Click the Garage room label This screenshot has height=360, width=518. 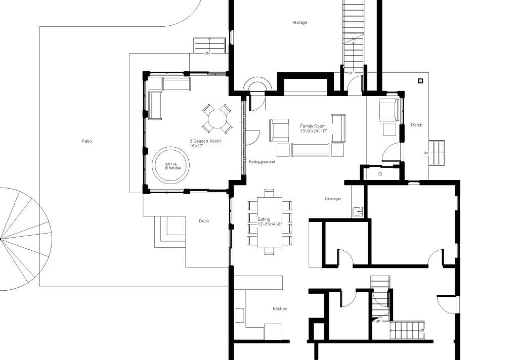pyautogui.click(x=300, y=22)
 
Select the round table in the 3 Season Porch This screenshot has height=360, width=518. pyautogui.click(x=217, y=119)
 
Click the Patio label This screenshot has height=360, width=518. pyautogui.click(x=87, y=141)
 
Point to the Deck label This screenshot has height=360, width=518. pyautogui.click(x=204, y=221)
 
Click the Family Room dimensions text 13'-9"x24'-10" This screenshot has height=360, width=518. pyautogui.click(x=313, y=131)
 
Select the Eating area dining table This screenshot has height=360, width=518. pyautogui.click(x=270, y=221)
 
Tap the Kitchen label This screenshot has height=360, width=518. pyautogui.click(x=280, y=308)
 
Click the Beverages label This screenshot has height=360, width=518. pyautogui.click(x=333, y=199)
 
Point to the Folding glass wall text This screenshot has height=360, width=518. pyautogui.click(x=262, y=162)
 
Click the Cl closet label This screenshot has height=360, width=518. pyautogui.click(x=380, y=174)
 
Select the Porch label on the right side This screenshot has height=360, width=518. pyautogui.click(x=417, y=125)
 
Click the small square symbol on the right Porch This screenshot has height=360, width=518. pyautogui.click(x=420, y=80)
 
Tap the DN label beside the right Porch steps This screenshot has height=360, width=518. pyautogui.click(x=426, y=153)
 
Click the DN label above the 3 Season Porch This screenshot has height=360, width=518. pyautogui.click(x=207, y=53)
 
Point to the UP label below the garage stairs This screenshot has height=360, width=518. pyautogui.click(x=351, y=73)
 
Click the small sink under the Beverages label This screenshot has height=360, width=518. pyautogui.click(x=357, y=211)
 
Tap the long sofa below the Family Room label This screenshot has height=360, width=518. pyautogui.click(x=311, y=150)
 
